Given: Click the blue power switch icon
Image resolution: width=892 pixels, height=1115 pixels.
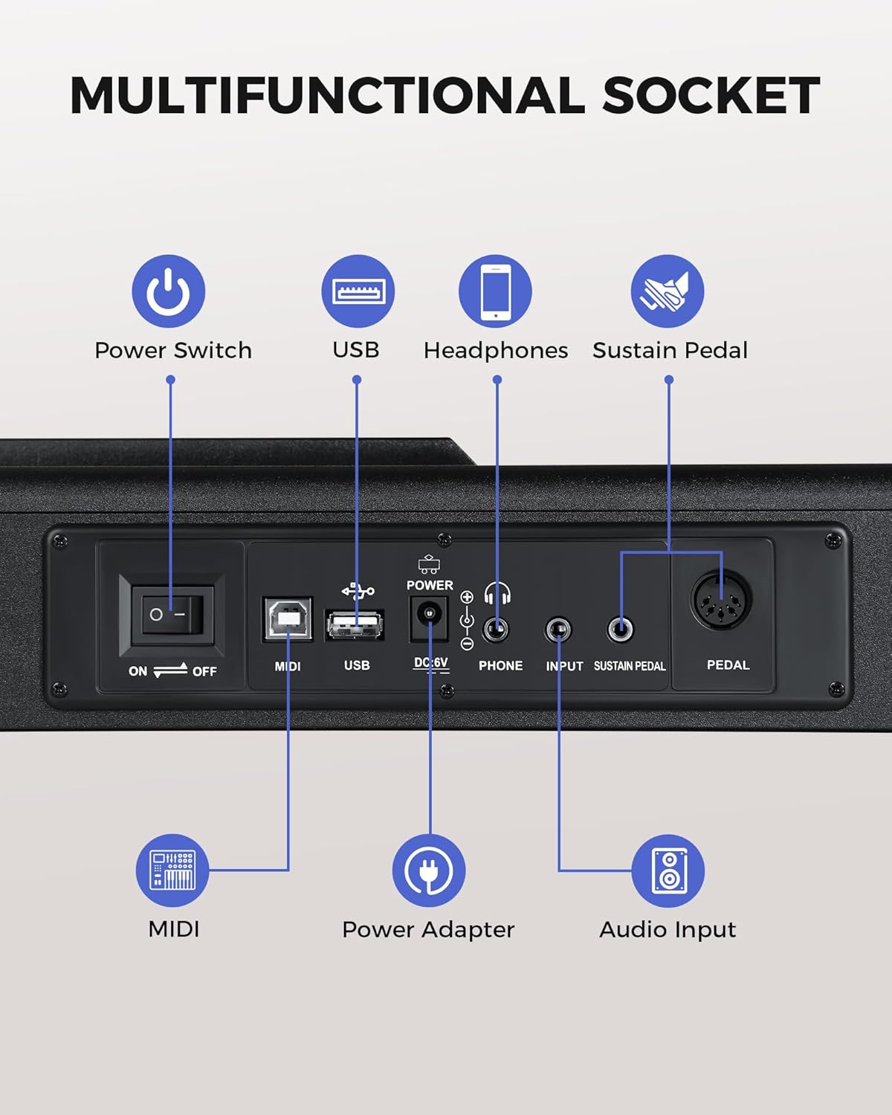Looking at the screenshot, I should tap(169, 291).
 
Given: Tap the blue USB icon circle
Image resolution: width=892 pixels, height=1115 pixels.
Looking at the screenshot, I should tap(358, 291).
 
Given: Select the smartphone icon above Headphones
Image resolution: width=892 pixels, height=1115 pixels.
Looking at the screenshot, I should tap(495, 291).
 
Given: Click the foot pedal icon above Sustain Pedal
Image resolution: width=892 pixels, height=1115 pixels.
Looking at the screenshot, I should tap(668, 291).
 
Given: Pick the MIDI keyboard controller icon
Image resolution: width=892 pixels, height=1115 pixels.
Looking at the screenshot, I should tap(172, 870).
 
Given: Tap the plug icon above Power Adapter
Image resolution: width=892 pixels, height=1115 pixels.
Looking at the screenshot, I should tap(429, 870).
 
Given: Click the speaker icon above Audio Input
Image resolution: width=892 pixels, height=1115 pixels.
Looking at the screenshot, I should tap(668, 870).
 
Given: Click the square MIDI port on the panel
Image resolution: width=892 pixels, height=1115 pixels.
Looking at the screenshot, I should tap(288, 618).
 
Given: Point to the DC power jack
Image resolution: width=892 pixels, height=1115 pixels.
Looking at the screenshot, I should tap(429, 616).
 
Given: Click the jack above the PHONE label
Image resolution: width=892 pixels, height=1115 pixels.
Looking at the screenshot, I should tap(496, 630).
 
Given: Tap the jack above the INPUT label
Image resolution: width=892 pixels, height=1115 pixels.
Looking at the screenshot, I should tap(557, 630).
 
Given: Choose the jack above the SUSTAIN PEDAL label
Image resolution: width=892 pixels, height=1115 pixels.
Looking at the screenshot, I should tap(620, 630).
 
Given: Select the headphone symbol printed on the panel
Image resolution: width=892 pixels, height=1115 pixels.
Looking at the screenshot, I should tap(497, 594).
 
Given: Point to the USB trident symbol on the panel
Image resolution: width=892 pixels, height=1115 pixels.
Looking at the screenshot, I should tap(358, 592).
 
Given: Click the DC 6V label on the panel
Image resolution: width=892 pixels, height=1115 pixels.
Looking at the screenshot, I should tap(431, 663).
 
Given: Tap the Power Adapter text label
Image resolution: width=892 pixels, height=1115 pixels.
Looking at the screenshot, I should tap(428, 929).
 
